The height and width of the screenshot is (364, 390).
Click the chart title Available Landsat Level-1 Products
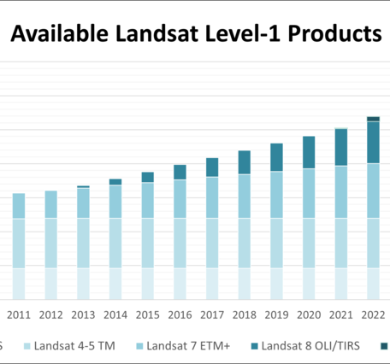click(195, 34)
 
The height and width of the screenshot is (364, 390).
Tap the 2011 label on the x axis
click(19, 315)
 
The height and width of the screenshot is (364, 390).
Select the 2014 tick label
click(115, 315)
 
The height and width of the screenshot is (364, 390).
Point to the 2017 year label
click(212, 315)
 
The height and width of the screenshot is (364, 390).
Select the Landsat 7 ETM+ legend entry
click(189, 346)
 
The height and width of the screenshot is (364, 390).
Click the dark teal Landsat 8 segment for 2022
click(373, 142)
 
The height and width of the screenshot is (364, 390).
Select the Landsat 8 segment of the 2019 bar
click(276, 157)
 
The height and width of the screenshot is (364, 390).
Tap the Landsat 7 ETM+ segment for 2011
click(19, 206)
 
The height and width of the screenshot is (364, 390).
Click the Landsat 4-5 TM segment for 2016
click(180, 243)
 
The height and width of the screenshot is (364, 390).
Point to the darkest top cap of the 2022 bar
click(373, 119)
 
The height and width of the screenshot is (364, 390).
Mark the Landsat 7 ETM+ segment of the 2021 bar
click(340, 191)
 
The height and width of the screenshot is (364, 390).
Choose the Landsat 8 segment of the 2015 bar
click(147, 177)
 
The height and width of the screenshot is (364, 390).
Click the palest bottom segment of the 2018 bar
click(244, 283)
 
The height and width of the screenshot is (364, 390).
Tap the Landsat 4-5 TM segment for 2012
click(51, 243)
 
